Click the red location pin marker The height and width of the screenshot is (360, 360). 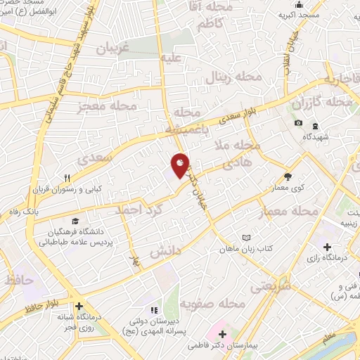click(x=180, y=166)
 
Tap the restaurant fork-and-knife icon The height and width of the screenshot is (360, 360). click(x=67, y=178)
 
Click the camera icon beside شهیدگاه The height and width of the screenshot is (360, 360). click(x=298, y=123)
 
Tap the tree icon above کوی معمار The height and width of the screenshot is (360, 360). click(x=288, y=176)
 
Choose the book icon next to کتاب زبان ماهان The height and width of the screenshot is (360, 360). click(x=245, y=238)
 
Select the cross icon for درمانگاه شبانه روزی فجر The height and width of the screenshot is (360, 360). click(x=79, y=307)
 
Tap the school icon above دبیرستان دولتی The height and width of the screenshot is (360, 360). click(x=152, y=309)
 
